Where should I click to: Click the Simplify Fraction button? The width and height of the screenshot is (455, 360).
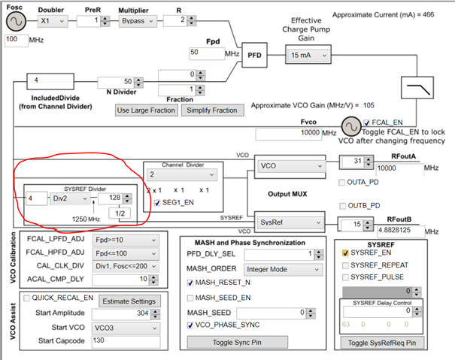[x=211, y=110]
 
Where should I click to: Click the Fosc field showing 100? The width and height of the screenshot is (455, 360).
[x=17, y=38]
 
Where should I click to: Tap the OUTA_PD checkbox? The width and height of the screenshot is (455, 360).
[x=343, y=182]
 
